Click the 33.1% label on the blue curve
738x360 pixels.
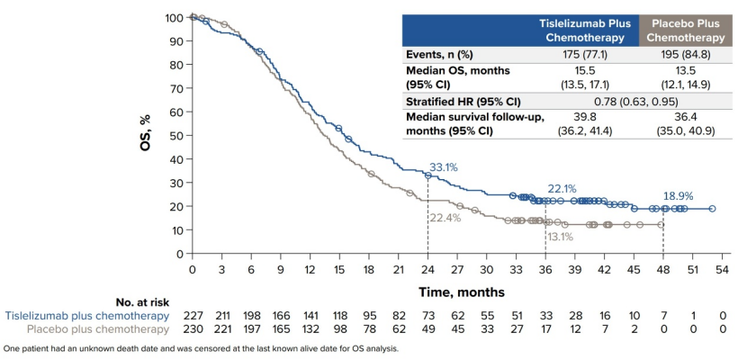444,167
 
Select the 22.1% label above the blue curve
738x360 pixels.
562,189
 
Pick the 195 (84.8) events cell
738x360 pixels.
686,54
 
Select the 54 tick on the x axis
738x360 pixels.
722,270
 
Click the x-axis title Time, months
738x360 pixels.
462,292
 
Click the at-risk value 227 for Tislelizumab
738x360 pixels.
192,316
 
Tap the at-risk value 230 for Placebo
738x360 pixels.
192,330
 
